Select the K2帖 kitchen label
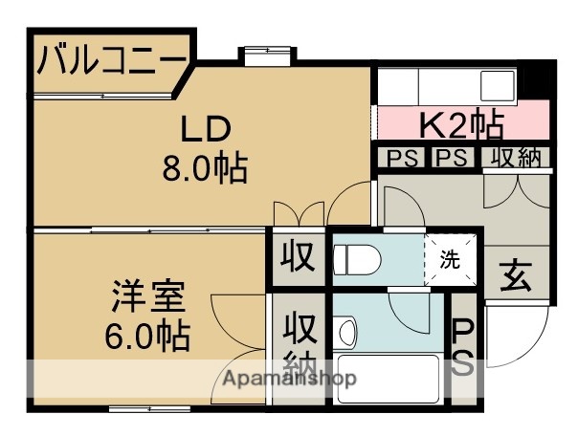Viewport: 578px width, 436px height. pos(461,123)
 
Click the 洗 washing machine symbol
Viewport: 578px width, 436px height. pos(447,257)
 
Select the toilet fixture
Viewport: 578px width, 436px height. pos(358,256)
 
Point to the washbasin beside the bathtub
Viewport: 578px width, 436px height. pos(347,333)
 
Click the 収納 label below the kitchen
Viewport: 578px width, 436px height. pos(518,158)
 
